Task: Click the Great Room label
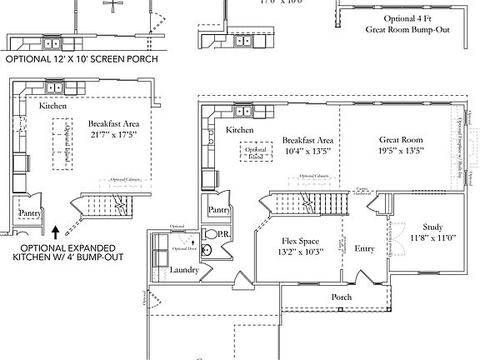coord(402,140)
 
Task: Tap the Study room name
coord(432,227)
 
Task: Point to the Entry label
coord(365,248)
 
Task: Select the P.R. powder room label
coord(224,237)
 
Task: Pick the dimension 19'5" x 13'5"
coord(402,151)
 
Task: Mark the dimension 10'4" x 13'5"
coord(308,151)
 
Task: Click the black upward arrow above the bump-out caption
coord(55,228)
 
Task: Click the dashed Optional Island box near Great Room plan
coord(257,152)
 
